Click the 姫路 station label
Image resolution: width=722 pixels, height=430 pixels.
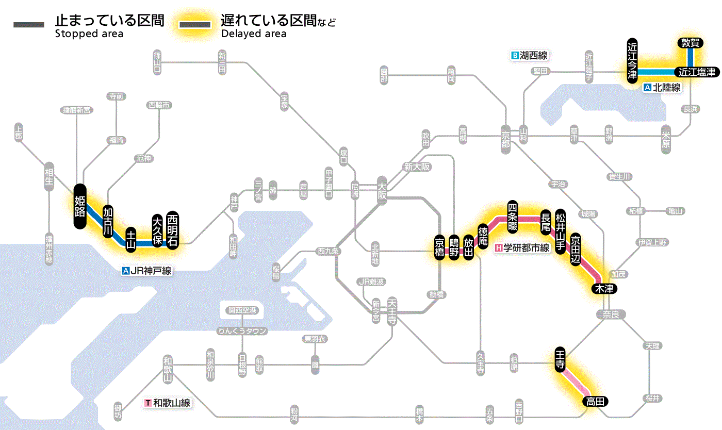coord(80,206)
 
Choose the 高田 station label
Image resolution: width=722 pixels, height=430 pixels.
coord(596,401)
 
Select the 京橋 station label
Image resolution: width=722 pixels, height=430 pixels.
coord(439,247)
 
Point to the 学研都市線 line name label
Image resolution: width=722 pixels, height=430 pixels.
coord(522,248)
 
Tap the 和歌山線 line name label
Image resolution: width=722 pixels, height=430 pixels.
coord(168,403)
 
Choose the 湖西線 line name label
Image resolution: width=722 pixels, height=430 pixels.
coord(529,55)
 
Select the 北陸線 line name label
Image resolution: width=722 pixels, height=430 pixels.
coord(662,88)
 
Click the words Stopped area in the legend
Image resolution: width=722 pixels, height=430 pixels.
coord(89,34)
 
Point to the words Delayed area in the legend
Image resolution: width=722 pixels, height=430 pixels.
coord(254,34)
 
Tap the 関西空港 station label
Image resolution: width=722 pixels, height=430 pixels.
coord(242,310)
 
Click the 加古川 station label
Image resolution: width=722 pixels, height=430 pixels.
coord(108,222)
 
